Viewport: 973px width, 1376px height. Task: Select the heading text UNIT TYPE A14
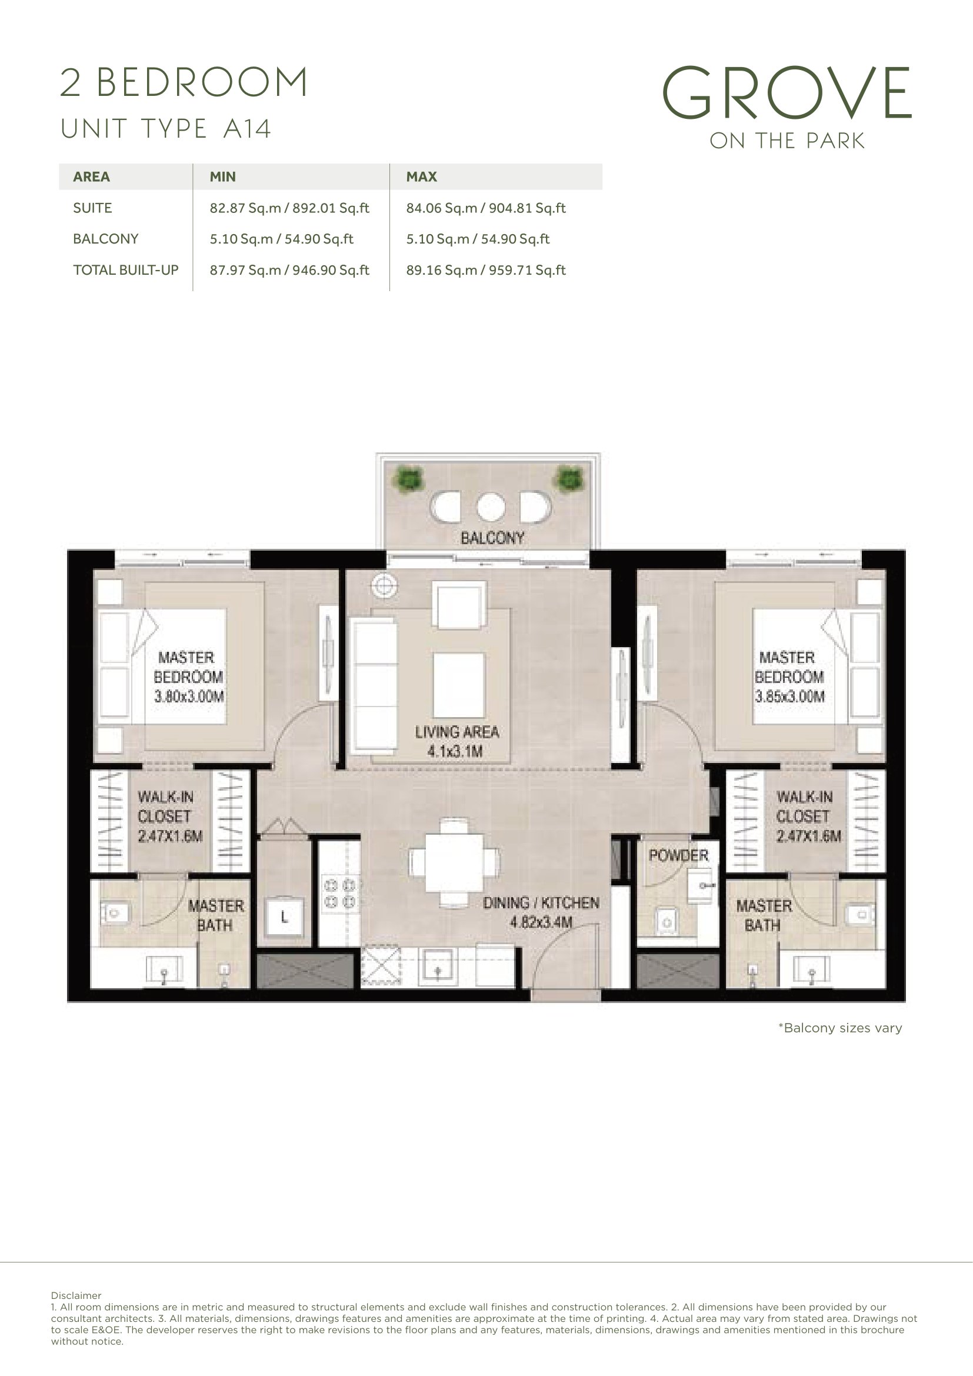click(x=166, y=129)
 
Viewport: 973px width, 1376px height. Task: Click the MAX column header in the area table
click(x=422, y=177)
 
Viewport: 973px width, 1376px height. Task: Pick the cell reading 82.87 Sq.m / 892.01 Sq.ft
click(x=289, y=208)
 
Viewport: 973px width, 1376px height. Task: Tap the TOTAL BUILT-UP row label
click(x=126, y=270)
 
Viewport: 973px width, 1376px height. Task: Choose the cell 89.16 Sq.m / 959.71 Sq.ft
click(x=486, y=270)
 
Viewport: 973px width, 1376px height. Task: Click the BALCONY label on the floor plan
click(x=492, y=538)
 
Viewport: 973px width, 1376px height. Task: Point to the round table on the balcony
click(x=491, y=507)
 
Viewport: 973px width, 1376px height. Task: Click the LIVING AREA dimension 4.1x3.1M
click(x=455, y=751)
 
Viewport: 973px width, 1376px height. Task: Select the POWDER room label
click(x=679, y=855)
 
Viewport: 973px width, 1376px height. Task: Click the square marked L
click(x=285, y=917)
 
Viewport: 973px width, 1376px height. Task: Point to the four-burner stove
click(x=339, y=894)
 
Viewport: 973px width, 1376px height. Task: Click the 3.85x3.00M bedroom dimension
click(x=789, y=697)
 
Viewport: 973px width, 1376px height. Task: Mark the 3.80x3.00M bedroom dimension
click(x=189, y=697)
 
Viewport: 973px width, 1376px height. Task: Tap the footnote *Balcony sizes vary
click(x=840, y=1028)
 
